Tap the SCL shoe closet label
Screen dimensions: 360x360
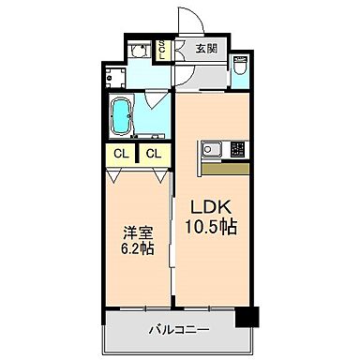pos(162,49)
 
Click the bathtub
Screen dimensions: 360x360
pos(122,116)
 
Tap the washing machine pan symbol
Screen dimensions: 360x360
pos(138,74)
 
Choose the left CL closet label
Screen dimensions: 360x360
pos(120,154)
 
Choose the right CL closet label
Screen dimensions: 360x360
pos(153,154)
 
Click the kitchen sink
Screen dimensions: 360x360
pos(210,149)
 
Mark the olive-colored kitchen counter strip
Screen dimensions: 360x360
pos(225,170)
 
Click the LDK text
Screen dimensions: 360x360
pos(211,207)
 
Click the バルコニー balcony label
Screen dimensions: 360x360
pos(178,330)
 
